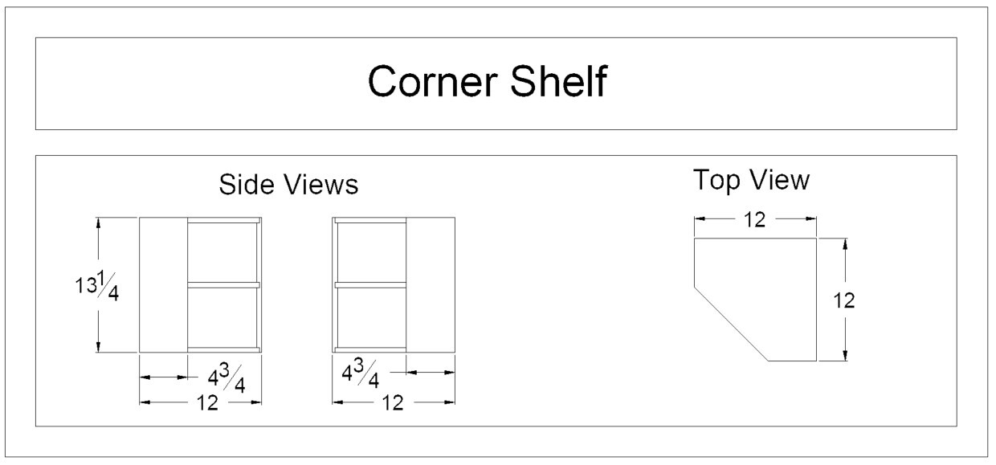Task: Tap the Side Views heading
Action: [288, 185]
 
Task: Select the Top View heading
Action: [751, 181]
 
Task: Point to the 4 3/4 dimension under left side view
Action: [227, 377]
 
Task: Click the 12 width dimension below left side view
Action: [207, 402]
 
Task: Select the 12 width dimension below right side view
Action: [392, 402]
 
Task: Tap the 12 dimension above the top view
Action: [754, 219]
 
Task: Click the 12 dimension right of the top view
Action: [844, 300]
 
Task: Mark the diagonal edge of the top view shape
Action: [730, 324]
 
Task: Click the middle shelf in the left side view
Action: [224, 284]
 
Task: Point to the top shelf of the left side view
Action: [224, 220]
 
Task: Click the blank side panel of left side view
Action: [163, 285]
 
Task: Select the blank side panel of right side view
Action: [431, 285]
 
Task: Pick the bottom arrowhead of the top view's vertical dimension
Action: [845, 356]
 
